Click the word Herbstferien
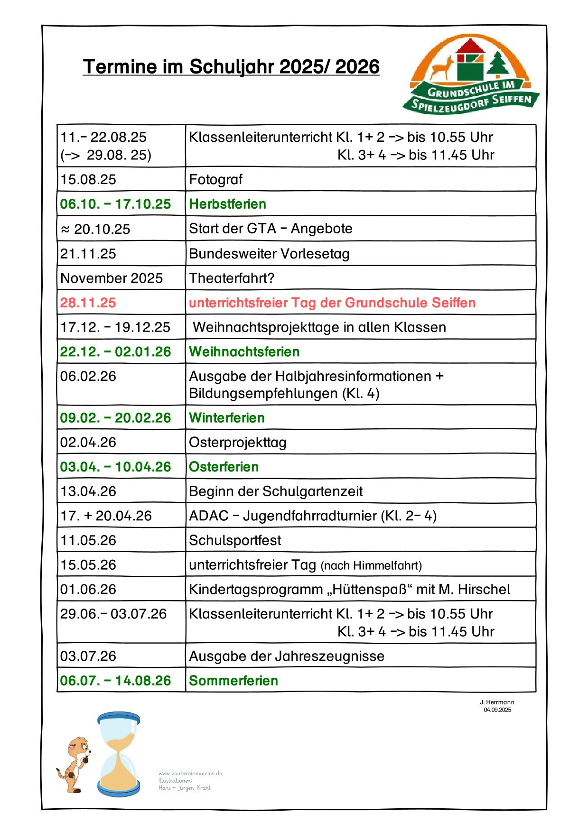pyautogui.click(x=227, y=204)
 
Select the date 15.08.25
pyautogui.click(x=88, y=179)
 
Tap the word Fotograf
pyautogui.click(x=215, y=179)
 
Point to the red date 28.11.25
pyautogui.click(x=88, y=303)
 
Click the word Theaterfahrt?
pyautogui.click(x=232, y=278)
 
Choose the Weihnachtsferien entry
pyautogui.click(x=244, y=351)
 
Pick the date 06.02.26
pyautogui.click(x=88, y=376)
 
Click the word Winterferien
pyautogui.click(x=227, y=418)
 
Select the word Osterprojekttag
pyautogui.click(x=238, y=442)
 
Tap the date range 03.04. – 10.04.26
pyautogui.click(x=115, y=467)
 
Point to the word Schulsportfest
pyautogui.click(x=235, y=540)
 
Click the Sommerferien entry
pyautogui.click(x=233, y=681)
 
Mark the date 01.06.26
pyautogui.click(x=88, y=589)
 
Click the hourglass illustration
pyautogui.click(x=119, y=754)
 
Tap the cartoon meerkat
pyautogui.click(x=75, y=764)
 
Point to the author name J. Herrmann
pyautogui.click(x=497, y=702)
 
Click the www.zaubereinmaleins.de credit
pyautogui.click(x=190, y=773)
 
